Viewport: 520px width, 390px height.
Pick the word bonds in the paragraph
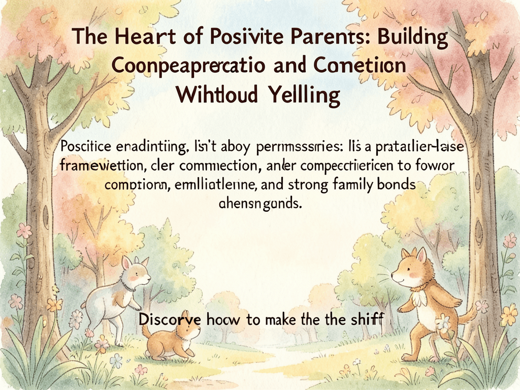[x=397, y=185]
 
